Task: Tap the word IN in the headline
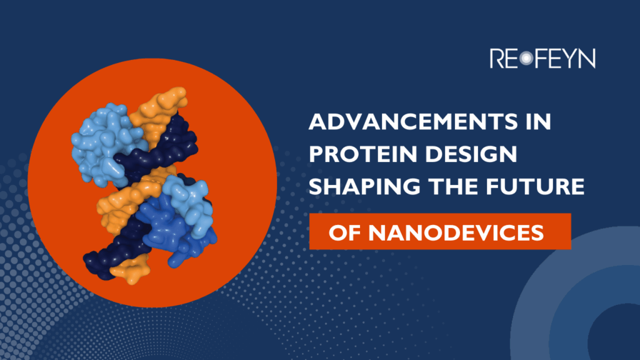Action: [537, 123]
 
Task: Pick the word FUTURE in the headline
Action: [531, 187]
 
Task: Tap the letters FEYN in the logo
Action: [564, 59]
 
